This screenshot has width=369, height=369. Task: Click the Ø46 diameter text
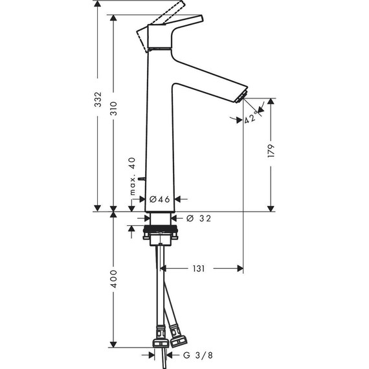point(159,200)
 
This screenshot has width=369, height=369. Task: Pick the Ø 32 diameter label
point(199,218)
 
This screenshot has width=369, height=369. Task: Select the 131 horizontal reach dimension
point(198,267)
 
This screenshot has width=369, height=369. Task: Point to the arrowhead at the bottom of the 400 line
point(114,346)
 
